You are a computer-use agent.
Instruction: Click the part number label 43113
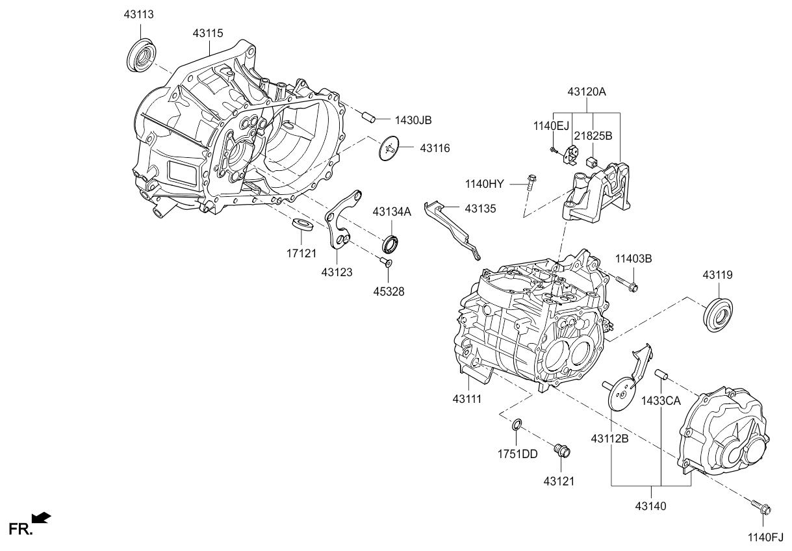pos(138,14)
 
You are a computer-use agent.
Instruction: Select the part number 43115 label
pos(209,32)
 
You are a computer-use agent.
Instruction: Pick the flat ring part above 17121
pos(302,225)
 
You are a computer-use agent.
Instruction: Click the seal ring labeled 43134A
pos(391,244)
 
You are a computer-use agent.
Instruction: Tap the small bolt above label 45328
pos(385,262)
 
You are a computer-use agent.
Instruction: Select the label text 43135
pos(480,209)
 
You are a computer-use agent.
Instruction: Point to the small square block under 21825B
pos(592,160)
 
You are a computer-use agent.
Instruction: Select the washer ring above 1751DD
pos(516,426)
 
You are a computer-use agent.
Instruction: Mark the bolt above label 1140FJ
pos(761,507)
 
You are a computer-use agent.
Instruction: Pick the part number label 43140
pos(652,506)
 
